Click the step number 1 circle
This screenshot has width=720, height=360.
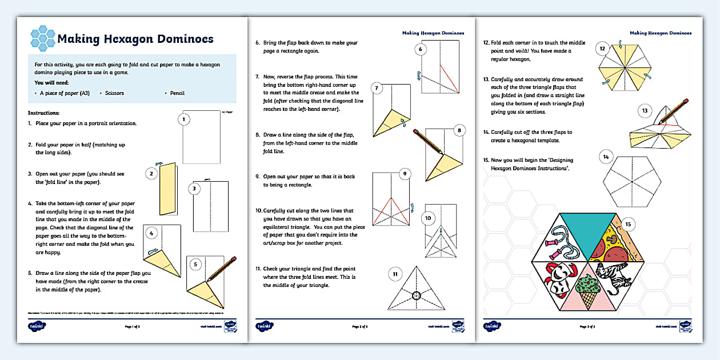click(183, 119)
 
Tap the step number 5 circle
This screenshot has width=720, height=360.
click(194, 264)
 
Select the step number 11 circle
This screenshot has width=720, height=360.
click(394, 274)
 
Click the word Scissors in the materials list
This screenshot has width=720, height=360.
click(113, 93)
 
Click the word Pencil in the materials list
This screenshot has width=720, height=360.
click(177, 93)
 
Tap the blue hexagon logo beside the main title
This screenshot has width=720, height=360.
click(42, 37)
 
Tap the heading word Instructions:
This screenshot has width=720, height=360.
click(43, 113)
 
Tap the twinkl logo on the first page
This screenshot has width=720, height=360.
click(37, 326)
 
